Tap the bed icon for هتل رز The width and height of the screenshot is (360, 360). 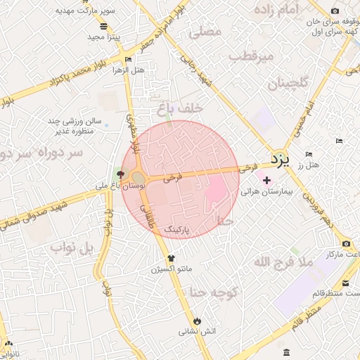click(x=308, y=155)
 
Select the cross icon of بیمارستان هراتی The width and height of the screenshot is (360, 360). click(x=266, y=180)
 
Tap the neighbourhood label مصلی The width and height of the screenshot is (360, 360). click(x=205, y=32)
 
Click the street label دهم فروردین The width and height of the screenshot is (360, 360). click(x=321, y=210)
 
